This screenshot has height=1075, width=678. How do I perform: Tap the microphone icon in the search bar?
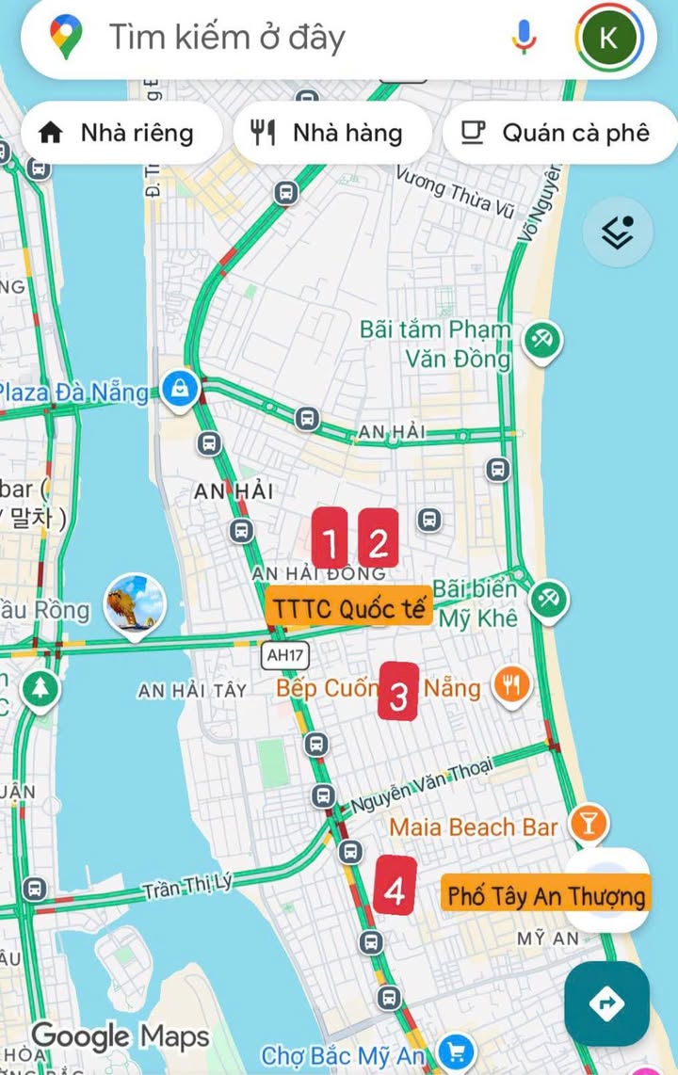click(524, 37)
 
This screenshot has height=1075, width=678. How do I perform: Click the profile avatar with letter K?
click(608, 38)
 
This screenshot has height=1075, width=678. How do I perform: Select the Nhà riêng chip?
click(119, 133)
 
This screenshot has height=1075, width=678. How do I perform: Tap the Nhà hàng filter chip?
click(330, 133)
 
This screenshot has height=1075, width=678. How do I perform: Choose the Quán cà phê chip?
click(559, 133)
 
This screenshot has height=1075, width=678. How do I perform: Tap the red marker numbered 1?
click(330, 539)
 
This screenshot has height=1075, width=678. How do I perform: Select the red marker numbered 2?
click(379, 539)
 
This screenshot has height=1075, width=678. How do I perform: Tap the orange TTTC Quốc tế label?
click(348, 607)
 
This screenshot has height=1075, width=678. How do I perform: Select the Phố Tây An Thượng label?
click(546, 894)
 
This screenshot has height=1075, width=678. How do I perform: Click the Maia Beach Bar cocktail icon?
click(590, 825)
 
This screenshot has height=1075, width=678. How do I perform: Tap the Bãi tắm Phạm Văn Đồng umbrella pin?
click(542, 338)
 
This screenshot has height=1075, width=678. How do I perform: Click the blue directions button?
click(606, 1003)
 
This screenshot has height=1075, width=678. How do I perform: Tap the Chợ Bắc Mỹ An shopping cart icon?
click(457, 1051)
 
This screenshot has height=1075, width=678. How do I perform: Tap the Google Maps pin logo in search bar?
click(66, 38)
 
